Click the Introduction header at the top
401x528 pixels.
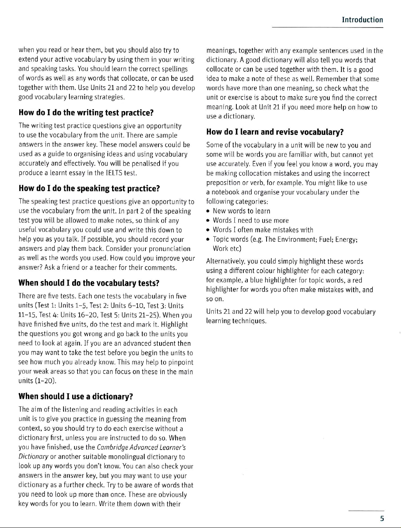362,20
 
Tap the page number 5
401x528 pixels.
381,519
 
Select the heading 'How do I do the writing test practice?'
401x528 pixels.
86,113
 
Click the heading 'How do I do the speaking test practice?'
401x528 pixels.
89,188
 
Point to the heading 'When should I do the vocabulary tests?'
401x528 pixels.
89,283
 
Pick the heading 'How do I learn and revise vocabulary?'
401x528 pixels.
275,132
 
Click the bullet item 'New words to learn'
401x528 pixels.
241,211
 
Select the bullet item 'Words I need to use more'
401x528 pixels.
250,220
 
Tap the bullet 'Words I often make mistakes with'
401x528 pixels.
263,230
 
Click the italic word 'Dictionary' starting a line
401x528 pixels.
34,457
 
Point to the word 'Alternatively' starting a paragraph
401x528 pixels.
226,261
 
